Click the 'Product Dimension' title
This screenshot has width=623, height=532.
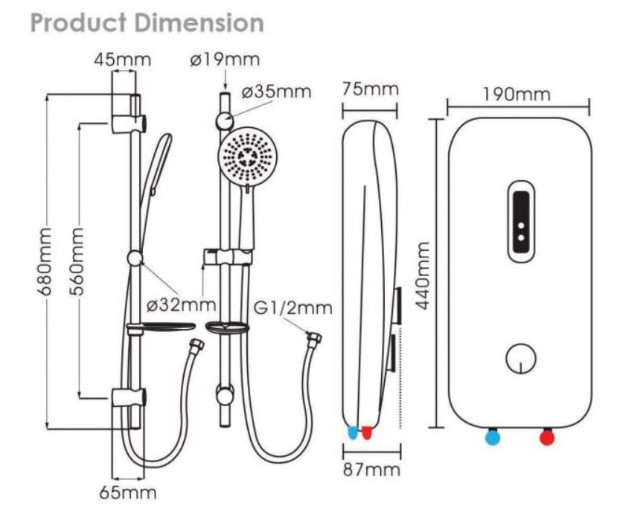148,23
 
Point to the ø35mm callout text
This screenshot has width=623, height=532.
276,92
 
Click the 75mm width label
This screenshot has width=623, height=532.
370,90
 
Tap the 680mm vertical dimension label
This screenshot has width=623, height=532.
47,260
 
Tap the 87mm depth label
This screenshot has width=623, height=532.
371,470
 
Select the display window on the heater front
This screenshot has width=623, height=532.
520,222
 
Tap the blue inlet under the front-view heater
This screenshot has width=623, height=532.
492,437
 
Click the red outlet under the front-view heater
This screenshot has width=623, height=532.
548,437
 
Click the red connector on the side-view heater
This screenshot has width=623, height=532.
367,432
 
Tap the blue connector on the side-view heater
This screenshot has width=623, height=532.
353,432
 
